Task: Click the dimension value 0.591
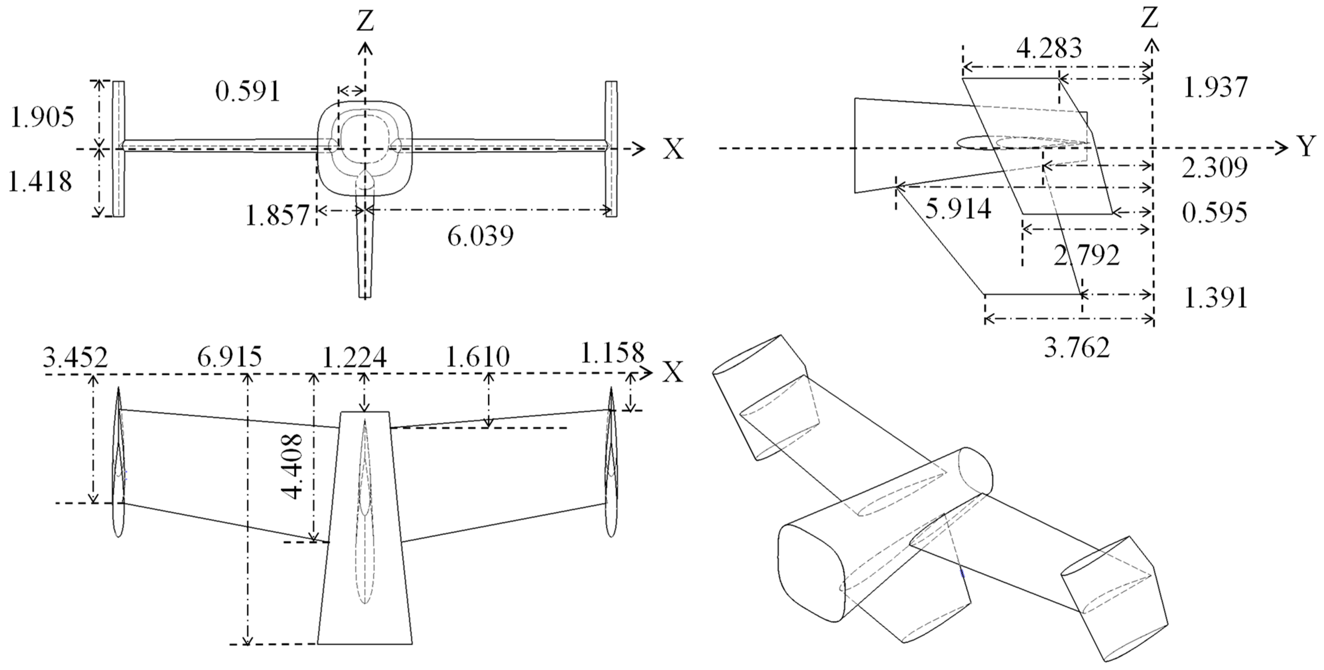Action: (x=248, y=92)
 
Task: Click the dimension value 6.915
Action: (x=229, y=356)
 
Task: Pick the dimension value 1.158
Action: (x=612, y=353)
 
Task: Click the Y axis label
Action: (x=1307, y=147)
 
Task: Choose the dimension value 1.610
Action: (x=477, y=356)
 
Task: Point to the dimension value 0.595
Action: (x=1214, y=213)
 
